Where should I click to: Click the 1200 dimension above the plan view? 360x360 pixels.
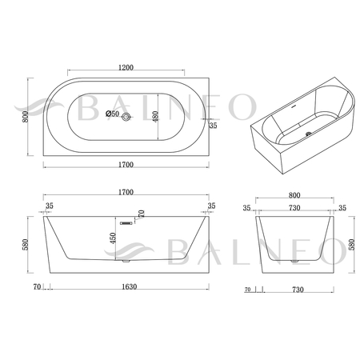[x=126, y=67]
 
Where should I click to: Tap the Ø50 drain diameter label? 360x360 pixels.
[x=112, y=114]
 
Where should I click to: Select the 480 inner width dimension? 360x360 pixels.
[x=155, y=117]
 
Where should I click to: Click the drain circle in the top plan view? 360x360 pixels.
[x=126, y=117]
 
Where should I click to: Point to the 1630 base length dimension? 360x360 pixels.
[x=130, y=286]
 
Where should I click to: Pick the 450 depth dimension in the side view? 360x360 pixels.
[x=113, y=238]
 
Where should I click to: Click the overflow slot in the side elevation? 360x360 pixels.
[x=126, y=223]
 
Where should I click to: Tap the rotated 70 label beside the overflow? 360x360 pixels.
[x=142, y=214]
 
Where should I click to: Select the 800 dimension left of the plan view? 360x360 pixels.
[x=26, y=117]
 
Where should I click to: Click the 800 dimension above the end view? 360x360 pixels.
[x=294, y=195]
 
